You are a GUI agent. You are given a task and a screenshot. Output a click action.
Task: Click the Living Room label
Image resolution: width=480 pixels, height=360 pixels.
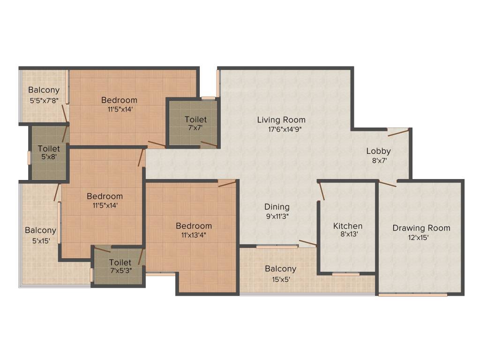[281, 120]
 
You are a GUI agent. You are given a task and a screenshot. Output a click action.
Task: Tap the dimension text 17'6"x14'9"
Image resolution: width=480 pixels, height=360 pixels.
[281, 129]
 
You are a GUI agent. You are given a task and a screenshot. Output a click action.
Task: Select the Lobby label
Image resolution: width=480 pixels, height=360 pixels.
[378, 151]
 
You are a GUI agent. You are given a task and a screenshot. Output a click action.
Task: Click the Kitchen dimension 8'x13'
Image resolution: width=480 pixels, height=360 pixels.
[348, 234]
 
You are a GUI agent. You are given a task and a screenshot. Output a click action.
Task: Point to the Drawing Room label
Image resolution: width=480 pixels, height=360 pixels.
[421, 228]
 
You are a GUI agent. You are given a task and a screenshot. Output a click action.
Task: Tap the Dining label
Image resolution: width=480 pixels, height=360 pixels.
[277, 207]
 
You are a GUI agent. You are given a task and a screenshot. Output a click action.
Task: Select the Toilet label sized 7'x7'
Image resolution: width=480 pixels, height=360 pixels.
[195, 120]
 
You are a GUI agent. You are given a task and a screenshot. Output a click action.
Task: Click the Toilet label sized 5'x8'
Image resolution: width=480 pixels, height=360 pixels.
[49, 149]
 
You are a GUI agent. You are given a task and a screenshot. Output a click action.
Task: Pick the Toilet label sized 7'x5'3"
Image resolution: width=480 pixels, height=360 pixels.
[120, 262]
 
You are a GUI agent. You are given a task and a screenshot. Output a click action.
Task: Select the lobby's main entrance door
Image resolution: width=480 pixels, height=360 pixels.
[398, 132]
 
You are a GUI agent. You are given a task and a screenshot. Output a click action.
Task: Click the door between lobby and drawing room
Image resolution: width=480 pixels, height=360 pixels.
[387, 184]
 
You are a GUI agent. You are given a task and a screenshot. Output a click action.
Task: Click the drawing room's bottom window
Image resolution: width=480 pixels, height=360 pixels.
[412, 295]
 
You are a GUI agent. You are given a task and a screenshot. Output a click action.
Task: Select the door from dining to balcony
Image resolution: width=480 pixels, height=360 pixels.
[307, 243]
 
